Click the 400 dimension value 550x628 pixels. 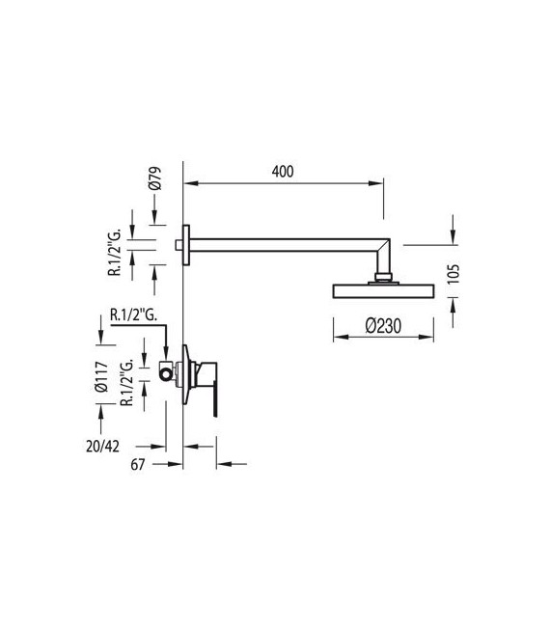click(282, 171)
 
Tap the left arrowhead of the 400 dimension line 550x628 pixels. click(188, 182)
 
